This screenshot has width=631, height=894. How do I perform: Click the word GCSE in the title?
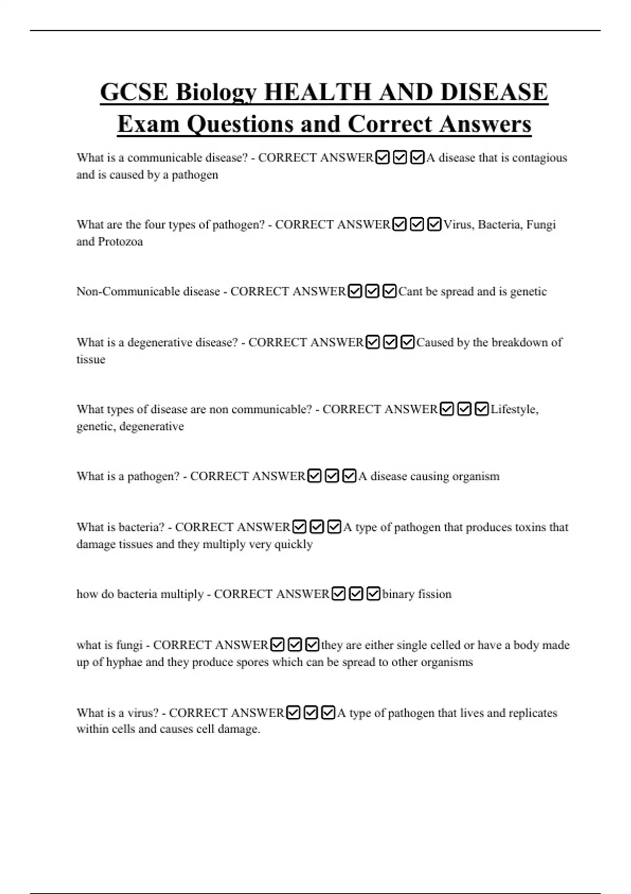134,92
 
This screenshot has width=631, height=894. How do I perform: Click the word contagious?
540,158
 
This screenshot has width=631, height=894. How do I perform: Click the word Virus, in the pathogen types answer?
459,225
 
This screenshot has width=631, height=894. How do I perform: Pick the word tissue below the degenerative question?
90,360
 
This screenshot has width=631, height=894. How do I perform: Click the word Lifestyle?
514,409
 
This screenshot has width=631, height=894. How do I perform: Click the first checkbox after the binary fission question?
339,594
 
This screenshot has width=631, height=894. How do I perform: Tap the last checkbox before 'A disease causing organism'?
349,476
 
